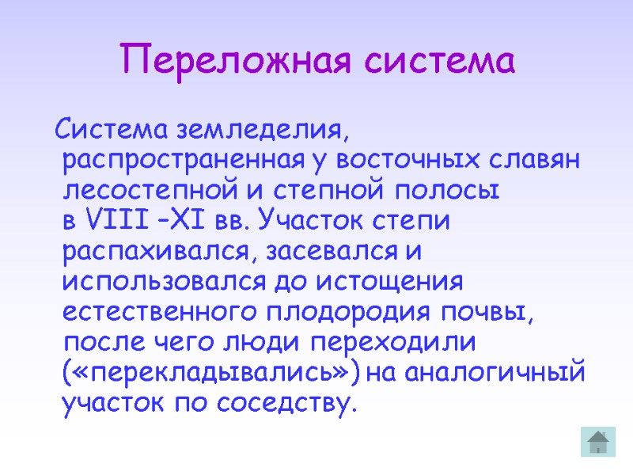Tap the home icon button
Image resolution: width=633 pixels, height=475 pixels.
pos(598,440)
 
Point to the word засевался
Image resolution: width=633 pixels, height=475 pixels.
pos(332,252)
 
